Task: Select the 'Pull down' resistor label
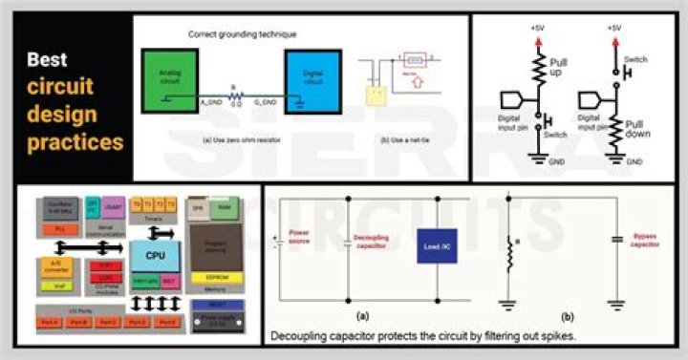pos(641,129)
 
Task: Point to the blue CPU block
pos(153,255)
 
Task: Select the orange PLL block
pos(61,229)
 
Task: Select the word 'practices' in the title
pos(75,143)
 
